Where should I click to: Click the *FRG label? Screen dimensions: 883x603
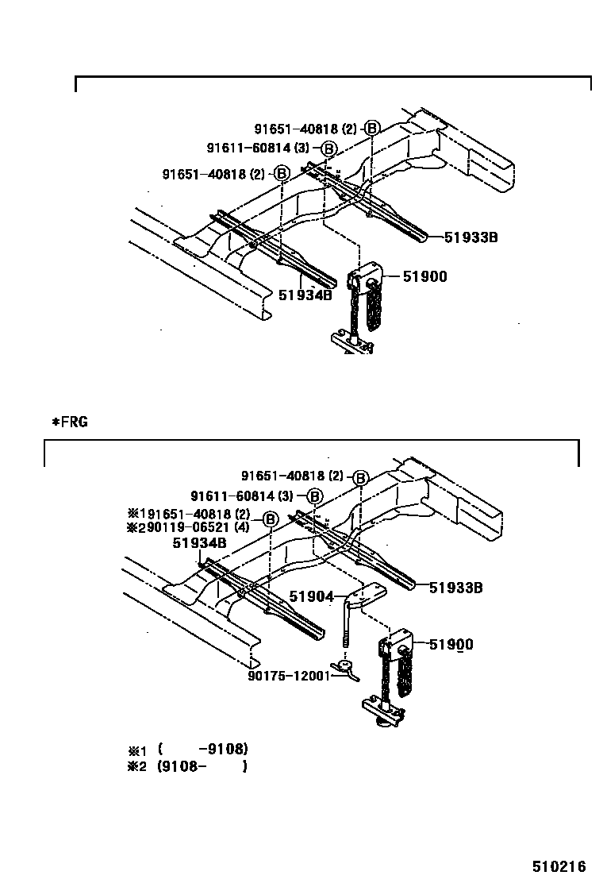[x=70, y=422]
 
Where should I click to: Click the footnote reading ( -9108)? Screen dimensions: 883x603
[x=203, y=749]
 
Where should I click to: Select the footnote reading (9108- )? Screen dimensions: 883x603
[x=202, y=766]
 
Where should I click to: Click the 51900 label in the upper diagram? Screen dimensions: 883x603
[x=424, y=276]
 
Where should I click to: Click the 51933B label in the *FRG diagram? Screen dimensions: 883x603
[x=456, y=588]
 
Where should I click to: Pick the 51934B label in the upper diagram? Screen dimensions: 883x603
[x=305, y=295]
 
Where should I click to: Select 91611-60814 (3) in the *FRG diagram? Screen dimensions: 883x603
[x=243, y=495]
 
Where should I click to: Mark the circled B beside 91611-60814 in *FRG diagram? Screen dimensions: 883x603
[x=315, y=496]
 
